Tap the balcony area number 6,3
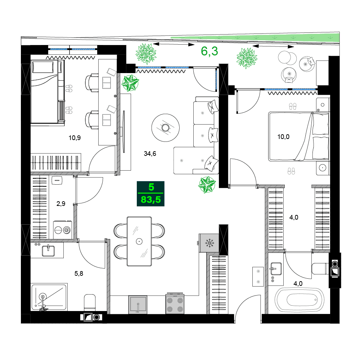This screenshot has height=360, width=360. click(x=209, y=51)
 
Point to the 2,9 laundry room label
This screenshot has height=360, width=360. click(x=61, y=203)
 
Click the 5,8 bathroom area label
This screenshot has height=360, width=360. click(x=79, y=274)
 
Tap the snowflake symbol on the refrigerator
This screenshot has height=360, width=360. click(x=209, y=243)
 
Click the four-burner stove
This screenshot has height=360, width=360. click(x=175, y=304)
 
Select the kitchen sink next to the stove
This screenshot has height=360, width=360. click(x=138, y=305)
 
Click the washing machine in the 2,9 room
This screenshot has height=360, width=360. click(x=63, y=229)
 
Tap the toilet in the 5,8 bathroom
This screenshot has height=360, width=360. click(x=89, y=302)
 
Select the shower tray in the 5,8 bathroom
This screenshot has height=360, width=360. click(x=49, y=297)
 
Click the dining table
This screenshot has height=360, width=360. click(x=139, y=241)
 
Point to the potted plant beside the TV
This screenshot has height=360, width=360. click(x=130, y=83)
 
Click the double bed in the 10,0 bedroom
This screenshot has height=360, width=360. click(x=299, y=136)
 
